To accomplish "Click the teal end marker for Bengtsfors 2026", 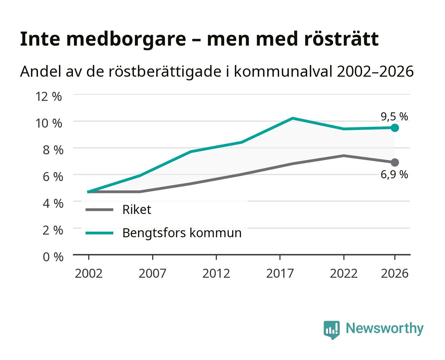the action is tap(395, 128).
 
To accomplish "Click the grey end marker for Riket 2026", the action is tap(395, 162).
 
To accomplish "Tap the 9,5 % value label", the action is tap(394, 116).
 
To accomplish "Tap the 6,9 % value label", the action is tap(394, 174).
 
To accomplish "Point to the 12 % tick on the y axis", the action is tap(49, 96).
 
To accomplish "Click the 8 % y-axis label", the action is tap(53, 150).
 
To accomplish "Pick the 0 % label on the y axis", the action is tap(53, 257).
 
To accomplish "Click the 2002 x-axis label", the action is tap(89, 273).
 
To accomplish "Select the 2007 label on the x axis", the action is tap(152, 273).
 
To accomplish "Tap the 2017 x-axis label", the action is tap(280, 273).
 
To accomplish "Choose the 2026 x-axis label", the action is tap(394, 273).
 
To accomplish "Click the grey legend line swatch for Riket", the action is tap(100, 209).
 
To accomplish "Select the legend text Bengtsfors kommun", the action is tap(182, 233).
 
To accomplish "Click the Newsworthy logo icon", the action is tap(331, 330).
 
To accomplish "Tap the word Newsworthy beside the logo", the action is tap(385, 328).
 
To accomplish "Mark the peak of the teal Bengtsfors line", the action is tap(293, 118).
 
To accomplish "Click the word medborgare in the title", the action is tap(126, 39).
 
